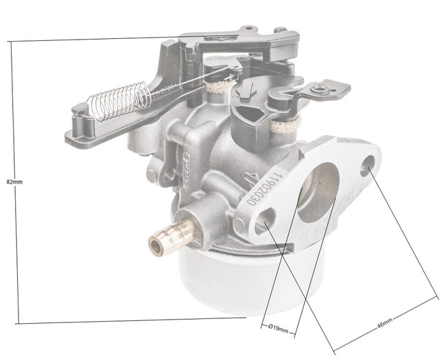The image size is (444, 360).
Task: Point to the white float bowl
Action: coord(232,280)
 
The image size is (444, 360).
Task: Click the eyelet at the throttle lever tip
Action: coord(320,88)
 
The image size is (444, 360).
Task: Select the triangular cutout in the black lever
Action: coord(249,112)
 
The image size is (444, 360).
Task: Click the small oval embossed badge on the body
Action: coord(185,169)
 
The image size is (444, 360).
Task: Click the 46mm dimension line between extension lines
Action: coord(386,327)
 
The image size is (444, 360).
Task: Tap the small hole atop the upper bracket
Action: coord(248,29)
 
